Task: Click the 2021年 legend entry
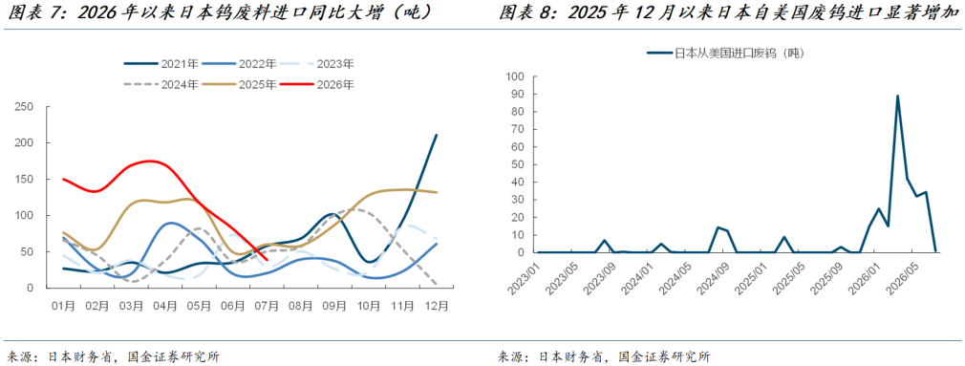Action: coord(161,64)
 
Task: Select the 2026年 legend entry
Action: coord(317,85)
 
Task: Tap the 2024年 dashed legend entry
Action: coord(161,85)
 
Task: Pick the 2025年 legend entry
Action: coord(240,85)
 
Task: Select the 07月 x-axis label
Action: coord(266,305)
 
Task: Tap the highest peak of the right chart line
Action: coord(898,96)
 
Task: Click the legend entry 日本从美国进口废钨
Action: coord(725,53)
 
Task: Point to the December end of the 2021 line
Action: coord(437,136)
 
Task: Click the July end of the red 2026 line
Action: coord(267,260)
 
